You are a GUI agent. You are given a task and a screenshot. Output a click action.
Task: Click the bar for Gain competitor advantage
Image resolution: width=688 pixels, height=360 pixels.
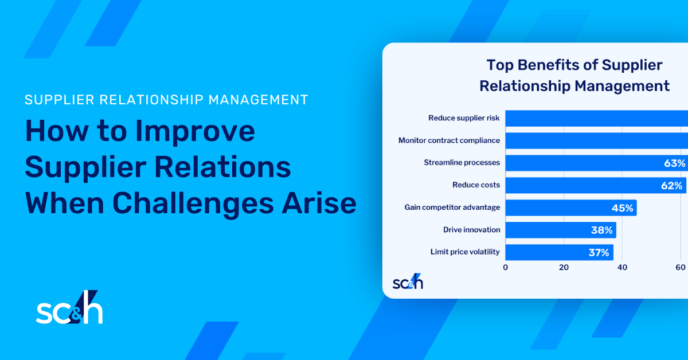pos(570,208)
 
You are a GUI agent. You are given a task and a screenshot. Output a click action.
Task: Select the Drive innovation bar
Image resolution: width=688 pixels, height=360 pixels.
pos(560,230)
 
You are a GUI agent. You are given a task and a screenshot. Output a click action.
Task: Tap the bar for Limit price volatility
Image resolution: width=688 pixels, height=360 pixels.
pos(559,252)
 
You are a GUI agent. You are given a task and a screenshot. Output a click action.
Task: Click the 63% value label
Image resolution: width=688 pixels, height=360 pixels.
pos(674,163)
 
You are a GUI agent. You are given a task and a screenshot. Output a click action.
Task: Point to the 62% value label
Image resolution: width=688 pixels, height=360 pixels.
pos(671,185)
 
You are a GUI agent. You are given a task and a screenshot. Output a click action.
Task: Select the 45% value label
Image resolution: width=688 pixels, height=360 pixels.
pos(621,208)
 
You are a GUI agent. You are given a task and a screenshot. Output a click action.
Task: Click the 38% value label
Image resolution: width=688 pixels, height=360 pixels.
pos(602,230)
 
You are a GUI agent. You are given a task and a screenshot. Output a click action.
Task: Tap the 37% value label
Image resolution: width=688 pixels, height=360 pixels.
pos(599,252)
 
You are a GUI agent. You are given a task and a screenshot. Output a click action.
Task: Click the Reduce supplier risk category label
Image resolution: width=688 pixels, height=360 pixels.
pos(464,118)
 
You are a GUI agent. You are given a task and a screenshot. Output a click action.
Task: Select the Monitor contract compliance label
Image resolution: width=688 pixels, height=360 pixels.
pos(449,140)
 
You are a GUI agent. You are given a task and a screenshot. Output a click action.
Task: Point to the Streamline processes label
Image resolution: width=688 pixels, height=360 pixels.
pos(462,163)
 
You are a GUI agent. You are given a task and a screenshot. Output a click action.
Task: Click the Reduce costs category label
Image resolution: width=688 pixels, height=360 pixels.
pos(476,185)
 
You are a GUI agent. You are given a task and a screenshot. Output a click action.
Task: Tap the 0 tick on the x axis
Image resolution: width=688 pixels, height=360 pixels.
pos(505,268)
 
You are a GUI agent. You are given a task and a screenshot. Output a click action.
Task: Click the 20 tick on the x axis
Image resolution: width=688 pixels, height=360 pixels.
pos(564,268)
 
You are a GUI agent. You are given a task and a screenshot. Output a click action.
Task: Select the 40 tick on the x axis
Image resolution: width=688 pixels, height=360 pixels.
pos(622,268)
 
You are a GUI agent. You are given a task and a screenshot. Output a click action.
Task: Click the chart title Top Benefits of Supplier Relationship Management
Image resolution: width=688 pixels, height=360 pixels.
pos(574,76)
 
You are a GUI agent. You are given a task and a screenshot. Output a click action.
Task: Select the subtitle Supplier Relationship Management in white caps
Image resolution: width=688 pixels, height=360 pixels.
pos(166,100)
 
